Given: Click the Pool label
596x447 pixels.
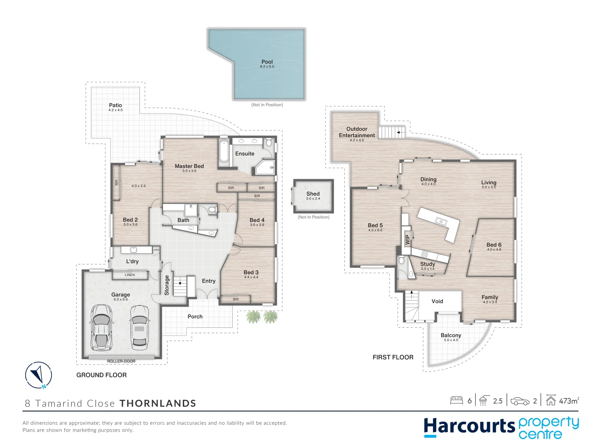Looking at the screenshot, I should (x=267, y=62).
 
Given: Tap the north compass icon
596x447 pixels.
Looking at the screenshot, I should (x=38, y=375).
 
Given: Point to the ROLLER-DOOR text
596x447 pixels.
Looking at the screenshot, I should (x=121, y=361).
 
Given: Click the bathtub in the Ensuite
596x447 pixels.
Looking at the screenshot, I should (x=223, y=151).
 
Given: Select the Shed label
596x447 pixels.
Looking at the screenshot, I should (x=313, y=194).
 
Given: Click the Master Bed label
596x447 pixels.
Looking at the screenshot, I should (x=189, y=166).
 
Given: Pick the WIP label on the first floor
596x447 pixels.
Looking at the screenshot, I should (x=407, y=240).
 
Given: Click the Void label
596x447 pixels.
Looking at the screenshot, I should (x=437, y=301).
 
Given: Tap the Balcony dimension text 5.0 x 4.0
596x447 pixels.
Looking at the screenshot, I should (x=451, y=340).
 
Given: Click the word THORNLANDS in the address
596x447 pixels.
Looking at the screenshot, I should (x=158, y=404).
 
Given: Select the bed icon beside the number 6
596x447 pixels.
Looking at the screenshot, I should (x=457, y=400).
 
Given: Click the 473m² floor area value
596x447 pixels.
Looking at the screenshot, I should (x=569, y=401).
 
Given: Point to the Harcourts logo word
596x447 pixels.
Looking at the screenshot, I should (x=469, y=427).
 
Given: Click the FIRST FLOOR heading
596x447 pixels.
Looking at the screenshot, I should (x=393, y=357).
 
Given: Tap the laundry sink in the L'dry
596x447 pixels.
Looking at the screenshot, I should (x=133, y=250).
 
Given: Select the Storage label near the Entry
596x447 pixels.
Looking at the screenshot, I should (x=167, y=285).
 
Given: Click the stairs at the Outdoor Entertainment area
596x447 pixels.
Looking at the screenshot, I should (x=391, y=132).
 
